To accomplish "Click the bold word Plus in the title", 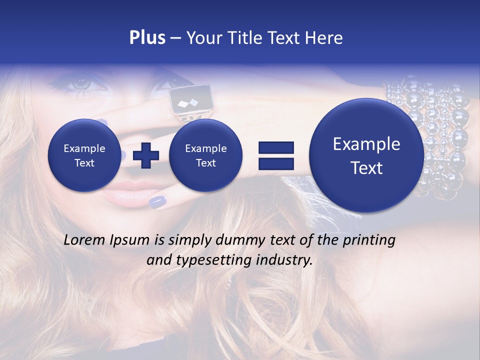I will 147,38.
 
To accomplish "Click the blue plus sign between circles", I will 145,155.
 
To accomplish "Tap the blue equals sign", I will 275,155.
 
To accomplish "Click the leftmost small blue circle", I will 84,155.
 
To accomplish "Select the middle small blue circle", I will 205,155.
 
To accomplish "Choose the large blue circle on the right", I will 366,155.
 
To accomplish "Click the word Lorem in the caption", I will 84,240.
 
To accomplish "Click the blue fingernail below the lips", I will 157,202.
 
